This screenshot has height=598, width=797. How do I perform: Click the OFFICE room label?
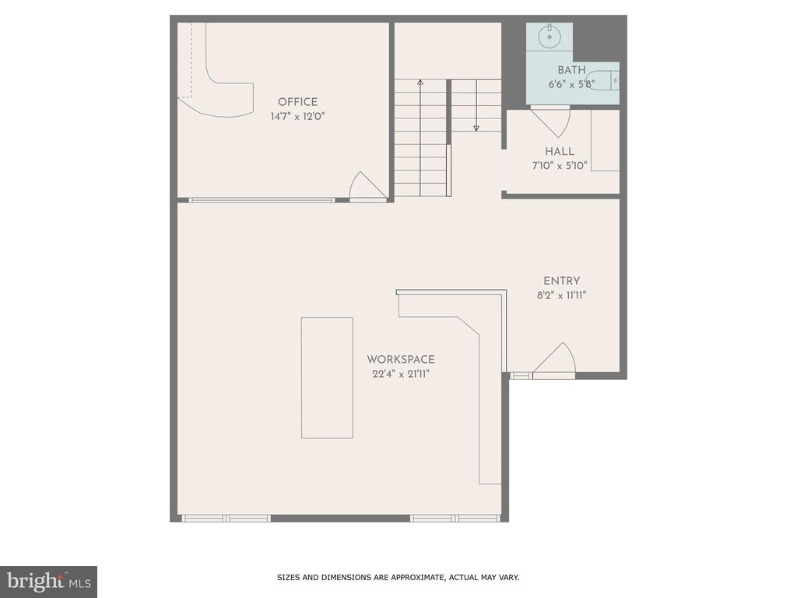297,102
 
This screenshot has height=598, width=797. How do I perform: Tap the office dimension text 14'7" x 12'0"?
297,117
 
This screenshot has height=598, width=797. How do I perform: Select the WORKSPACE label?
401,360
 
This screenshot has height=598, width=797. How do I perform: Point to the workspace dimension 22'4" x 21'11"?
401,375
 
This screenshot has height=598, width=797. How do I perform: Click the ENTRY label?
562,280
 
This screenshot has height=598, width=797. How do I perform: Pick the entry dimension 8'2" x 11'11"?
562,295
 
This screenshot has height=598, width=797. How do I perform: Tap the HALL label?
560,151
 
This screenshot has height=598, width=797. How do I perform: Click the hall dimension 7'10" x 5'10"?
560,166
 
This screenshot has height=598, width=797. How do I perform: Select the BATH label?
571,70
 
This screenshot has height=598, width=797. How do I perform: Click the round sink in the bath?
549,37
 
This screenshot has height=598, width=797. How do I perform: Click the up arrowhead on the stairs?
420,82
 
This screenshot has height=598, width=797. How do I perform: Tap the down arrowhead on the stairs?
476,128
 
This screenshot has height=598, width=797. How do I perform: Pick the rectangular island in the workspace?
327,378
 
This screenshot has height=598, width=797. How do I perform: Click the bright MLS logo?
49,582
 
